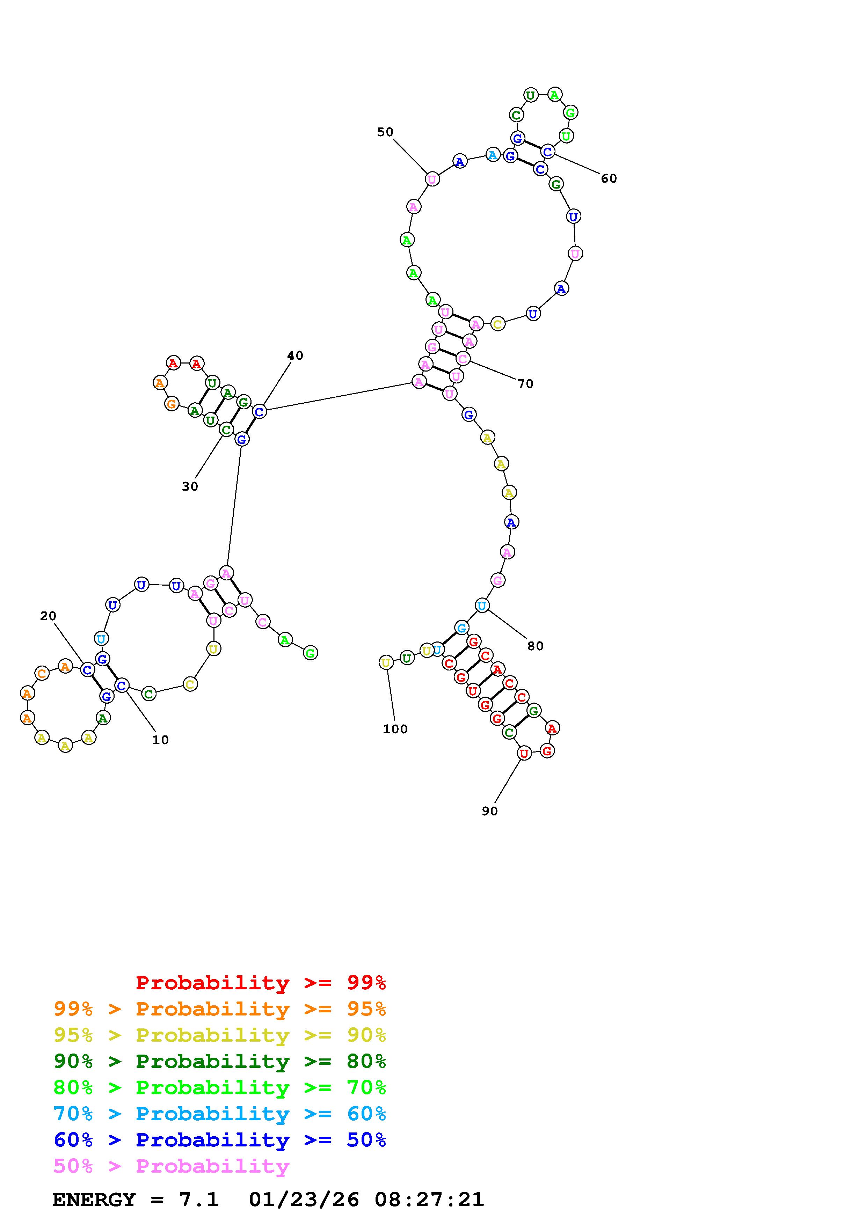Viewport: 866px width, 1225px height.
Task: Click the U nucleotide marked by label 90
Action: point(524,753)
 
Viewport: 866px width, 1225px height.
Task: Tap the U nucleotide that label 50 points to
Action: point(432,179)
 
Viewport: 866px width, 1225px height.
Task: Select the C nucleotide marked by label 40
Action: point(259,411)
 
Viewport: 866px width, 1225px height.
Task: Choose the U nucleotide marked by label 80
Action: point(482,606)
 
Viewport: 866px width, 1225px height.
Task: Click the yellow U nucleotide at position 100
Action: point(386,663)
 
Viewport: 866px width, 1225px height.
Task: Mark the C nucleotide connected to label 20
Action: point(87,669)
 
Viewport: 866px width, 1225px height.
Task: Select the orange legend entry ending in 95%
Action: point(219,1009)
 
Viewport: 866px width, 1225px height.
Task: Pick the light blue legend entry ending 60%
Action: point(219,1114)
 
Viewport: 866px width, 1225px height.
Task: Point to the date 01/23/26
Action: point(304,1200)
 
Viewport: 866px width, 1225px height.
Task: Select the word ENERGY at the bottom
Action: point(94,1200)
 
